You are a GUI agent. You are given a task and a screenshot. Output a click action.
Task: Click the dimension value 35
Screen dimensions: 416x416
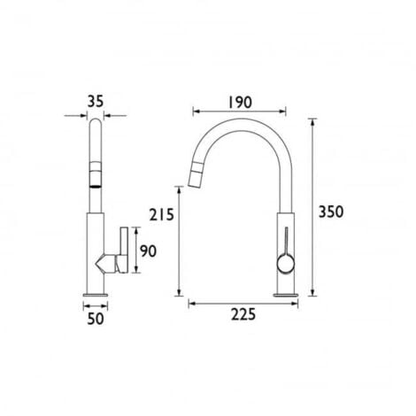(96, 100)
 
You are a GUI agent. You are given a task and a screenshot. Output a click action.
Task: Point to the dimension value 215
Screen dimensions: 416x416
(163, 214)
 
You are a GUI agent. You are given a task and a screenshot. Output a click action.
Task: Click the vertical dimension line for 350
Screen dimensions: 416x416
(312, 208)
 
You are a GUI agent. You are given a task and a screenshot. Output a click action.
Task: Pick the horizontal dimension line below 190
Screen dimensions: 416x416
(239, 112)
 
